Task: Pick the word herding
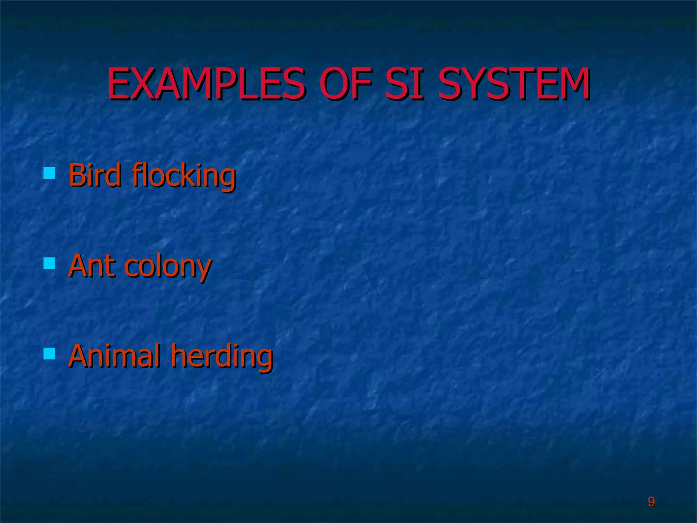tap(222, 356)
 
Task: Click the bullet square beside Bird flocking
tap(50, 173)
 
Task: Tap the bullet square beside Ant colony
tap(50, 263)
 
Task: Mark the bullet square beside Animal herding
tap(50, 354)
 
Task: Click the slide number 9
tap(651, 502)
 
